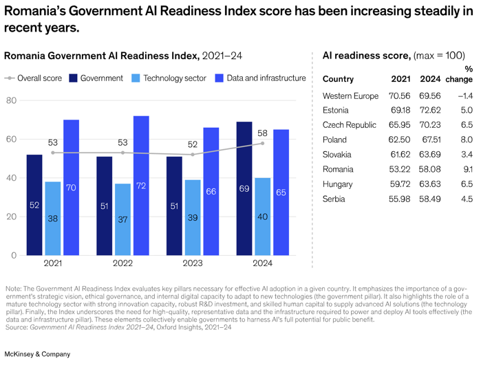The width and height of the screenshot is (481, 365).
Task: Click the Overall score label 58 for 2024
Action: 262,133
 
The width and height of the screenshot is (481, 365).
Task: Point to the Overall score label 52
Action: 192,144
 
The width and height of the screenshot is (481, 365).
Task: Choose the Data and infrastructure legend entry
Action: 261,78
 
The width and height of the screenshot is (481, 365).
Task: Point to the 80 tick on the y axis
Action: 12,101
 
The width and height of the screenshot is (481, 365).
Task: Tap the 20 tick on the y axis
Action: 12,217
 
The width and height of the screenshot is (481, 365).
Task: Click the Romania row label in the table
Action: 339,169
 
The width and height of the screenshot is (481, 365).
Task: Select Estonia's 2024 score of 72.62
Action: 429,110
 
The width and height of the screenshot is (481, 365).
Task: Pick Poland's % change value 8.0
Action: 467,140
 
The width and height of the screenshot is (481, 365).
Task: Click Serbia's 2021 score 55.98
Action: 400,199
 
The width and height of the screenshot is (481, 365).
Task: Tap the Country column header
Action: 338,79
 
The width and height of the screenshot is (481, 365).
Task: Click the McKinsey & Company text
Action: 37,354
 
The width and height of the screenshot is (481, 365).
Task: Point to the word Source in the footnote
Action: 16,328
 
